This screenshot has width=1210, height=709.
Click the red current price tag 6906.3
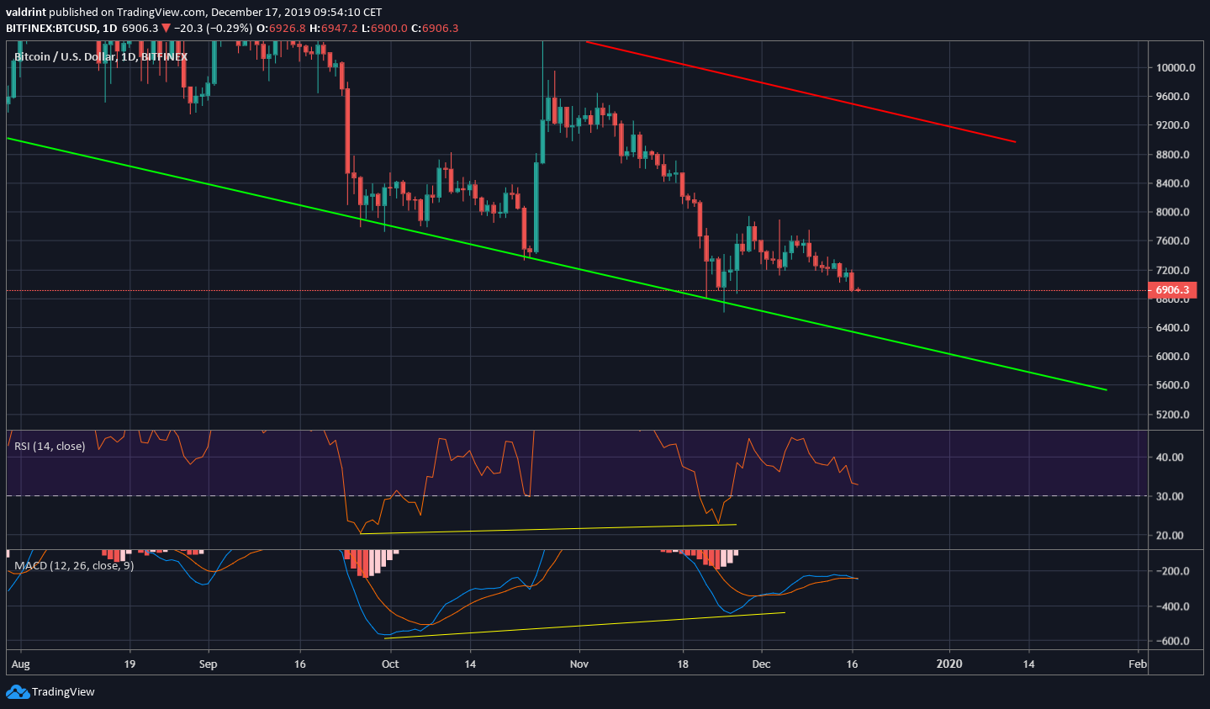click(1172, 290)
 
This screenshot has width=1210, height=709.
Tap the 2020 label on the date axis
click(950, 664)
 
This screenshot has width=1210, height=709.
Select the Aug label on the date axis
click(21, 664)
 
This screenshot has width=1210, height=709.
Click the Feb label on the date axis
click(1137, 664)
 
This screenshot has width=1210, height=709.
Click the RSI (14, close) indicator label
click(50, 446)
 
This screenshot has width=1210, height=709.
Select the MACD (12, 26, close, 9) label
click(74, 565)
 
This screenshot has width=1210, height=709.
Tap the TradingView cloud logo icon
click(17, 691)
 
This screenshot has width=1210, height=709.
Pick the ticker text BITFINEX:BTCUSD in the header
click(50, 28)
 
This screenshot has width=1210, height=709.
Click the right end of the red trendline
click(1016, 141)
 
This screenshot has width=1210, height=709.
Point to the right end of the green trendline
click(1106, 389)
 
